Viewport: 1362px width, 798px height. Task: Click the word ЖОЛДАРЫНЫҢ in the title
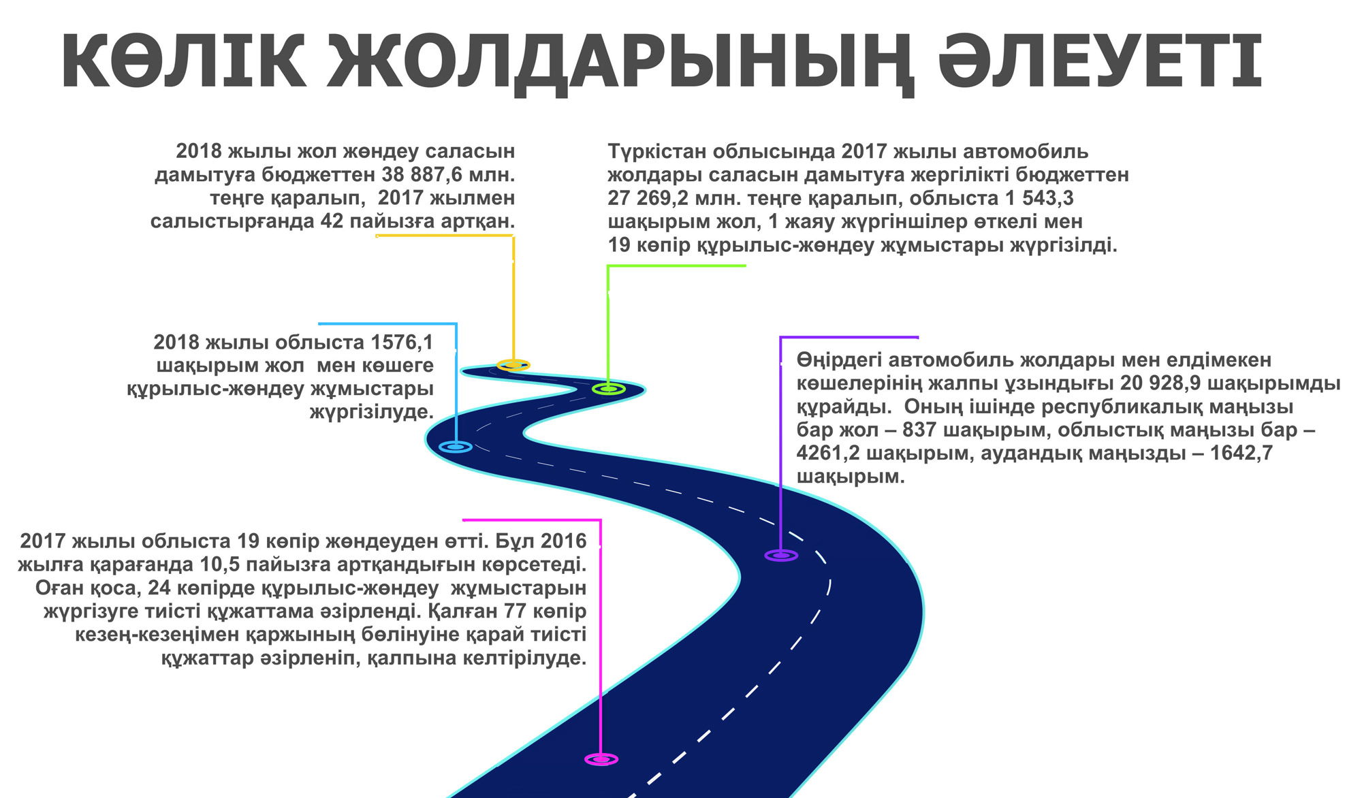click(619, 61)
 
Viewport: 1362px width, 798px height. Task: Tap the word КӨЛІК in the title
click(184, 61)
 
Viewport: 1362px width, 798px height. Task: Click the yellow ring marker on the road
click(513, 365)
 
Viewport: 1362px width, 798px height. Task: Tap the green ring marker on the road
click(608, 389)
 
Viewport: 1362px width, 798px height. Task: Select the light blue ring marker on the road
click(456, 447)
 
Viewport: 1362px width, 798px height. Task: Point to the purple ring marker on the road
click(781, 556)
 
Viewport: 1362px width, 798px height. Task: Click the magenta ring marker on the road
click(601, 759)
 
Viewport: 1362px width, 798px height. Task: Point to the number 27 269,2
click(647, 198)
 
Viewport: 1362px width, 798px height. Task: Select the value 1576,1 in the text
click(402, 342)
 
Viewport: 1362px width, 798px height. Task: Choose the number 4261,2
click(828, 453)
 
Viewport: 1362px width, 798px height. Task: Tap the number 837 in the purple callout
click(921, 430)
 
